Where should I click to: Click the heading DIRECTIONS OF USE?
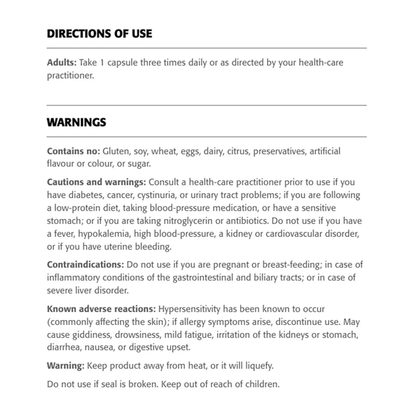[x=99, y=34]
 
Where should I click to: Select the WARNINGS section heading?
[x=77, y=122]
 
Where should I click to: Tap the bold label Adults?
[x=62, y=62]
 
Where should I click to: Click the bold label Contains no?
[x=73, y=151]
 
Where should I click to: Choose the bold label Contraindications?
[x=83, y=264]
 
